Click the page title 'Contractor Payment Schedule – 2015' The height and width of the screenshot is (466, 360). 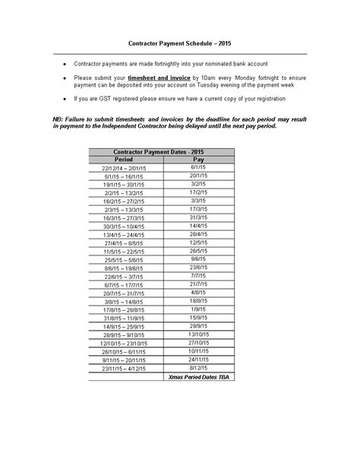(x=179, y=45)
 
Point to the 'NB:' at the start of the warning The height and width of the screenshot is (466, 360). (x=58, y=120)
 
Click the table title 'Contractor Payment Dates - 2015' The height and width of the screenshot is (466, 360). (x=159, y=153)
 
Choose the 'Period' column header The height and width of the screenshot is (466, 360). (x=124, y=160)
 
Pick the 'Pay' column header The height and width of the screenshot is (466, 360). (x=198, y=160)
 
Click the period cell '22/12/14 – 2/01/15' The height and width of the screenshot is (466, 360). (x=124, y=167)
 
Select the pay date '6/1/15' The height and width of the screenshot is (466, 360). (x=198, y=167)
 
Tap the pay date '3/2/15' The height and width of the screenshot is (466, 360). (x=198, y=184)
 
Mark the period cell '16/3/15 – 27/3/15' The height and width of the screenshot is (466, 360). (x=124, y=217)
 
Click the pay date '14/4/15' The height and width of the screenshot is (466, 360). (x=198, y=226)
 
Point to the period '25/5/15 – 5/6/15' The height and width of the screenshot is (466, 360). (x=124, y=259)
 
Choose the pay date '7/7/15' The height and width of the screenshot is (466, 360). (x=198, y=276)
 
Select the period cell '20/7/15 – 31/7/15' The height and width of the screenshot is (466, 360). (x=124, y=293)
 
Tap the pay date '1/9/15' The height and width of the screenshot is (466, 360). (x=198, y=309)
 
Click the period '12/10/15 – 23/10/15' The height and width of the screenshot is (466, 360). (x=124, y=344)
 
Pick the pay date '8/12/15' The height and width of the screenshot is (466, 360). (x=198, y=368)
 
